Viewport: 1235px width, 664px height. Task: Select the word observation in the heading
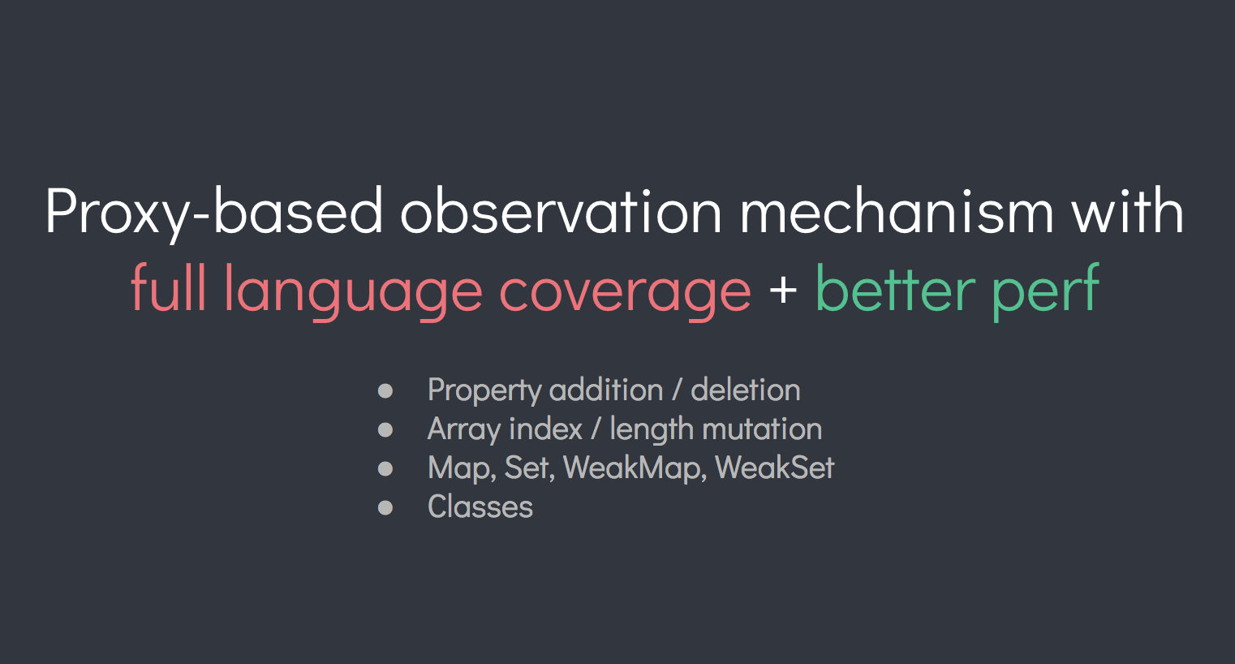coord(561,211)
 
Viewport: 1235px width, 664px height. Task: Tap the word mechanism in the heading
coord(897,211)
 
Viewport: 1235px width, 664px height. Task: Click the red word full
coord(168,287)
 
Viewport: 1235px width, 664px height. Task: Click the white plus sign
coord(783,290)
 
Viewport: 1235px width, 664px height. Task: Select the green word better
coord(895,287)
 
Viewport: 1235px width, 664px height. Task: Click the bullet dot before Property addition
coord(385,391)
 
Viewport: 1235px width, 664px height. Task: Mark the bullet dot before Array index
coord(385,429)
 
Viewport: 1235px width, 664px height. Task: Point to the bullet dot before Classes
coord(385,507)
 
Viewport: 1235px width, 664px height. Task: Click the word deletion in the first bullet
coord(746,390)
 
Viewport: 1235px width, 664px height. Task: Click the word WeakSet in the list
coord(775,468)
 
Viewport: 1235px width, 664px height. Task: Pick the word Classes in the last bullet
coord(480,507)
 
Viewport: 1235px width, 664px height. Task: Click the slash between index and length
coord(596,429)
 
